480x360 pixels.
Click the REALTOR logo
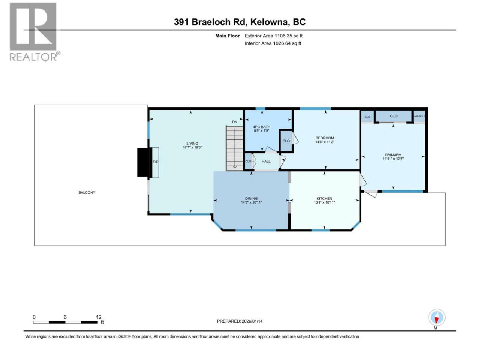(34, 32)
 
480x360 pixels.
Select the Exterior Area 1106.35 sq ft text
(274, 36)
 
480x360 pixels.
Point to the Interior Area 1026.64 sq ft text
(273, 43)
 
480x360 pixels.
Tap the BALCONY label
(87, 193)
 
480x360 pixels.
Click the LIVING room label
(192, 144)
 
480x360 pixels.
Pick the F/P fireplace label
(156, 162)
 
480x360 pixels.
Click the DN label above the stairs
(235, 122)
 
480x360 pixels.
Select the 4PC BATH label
(261, 127)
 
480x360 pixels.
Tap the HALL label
(266, 161)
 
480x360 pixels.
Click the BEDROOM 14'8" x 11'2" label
(325, 140)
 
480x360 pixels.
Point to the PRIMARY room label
(393, 155)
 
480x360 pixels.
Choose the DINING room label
(251, 198)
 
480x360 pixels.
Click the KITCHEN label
(324, 198)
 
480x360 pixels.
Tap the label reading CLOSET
(419, 116)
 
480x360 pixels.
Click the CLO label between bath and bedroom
(286, 141)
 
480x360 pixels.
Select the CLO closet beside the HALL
(248, 162)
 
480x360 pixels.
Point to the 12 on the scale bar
(98, 317)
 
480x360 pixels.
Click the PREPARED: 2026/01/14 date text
(240, 321)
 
